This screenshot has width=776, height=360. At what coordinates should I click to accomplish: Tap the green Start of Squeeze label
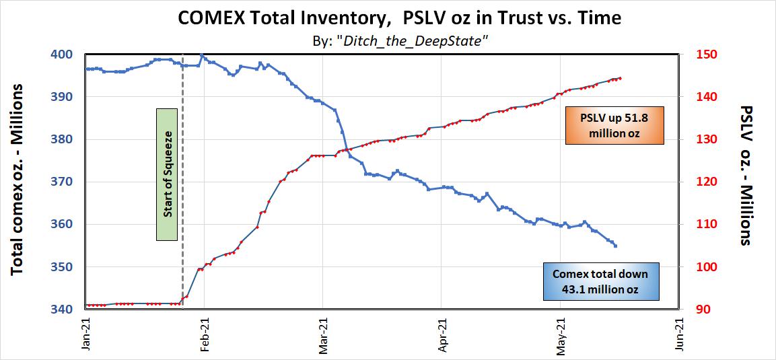pyautogui.click(x=166, y=174)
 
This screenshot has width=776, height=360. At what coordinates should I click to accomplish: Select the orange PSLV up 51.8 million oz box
pyautogui.click(x=614, y=125)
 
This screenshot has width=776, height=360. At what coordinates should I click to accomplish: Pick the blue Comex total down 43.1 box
pyautogui.click(x=600, y=281)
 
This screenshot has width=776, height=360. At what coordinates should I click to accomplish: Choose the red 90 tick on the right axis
pyautogui.click(x=694, y=310)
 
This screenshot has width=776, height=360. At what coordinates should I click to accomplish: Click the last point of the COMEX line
pyautogui.click(x=615, y=246)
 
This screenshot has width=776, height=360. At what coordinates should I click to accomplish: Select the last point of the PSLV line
pyautogui.click(x=620, y=78)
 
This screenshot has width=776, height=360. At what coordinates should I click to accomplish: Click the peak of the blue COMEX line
pyautogui.click(x=202, y=55)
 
